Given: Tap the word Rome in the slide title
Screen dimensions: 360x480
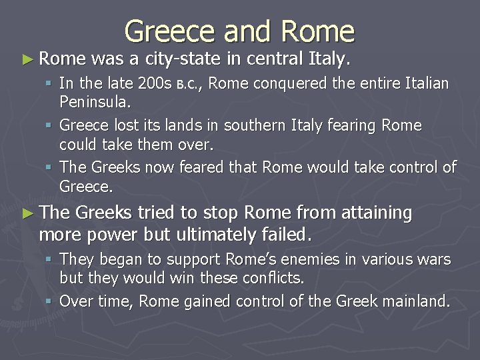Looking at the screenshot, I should coord(318,31).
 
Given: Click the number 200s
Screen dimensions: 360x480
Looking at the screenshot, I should coord(153,85).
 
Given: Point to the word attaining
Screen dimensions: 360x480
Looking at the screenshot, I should coord(377,213).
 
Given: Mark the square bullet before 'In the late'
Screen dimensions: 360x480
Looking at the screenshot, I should coord(51,85).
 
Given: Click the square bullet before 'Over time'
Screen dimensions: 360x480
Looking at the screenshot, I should coord(51,302).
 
